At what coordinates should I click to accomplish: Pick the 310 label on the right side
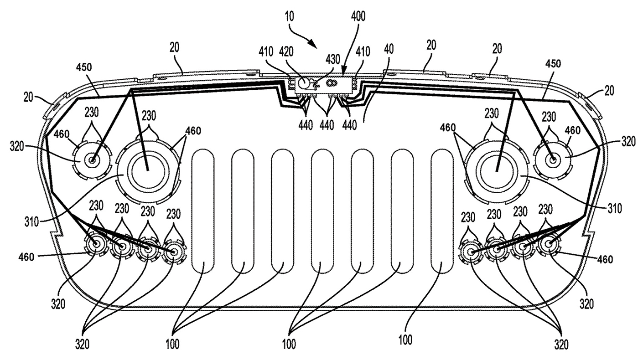point(614,209)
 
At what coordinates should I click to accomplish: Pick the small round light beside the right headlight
point(553,159)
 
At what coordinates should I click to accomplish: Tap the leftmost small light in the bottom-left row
point(97,245)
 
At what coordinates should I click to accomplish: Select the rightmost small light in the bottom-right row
point(547,245)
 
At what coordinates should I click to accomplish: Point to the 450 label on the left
point(84,67)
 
